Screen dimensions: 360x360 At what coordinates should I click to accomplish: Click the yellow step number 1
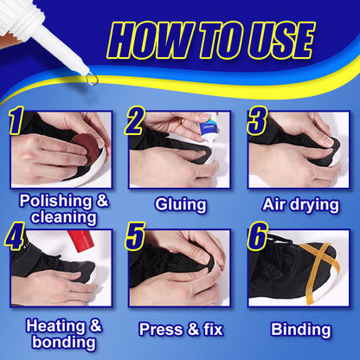point(16,122)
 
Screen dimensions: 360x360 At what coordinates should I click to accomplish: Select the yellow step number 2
point(134,122)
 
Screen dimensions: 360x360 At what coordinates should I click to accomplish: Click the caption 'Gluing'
point(180,204)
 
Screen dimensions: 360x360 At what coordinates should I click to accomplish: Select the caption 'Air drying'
point(299,204)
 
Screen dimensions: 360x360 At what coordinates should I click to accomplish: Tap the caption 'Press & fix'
point(180,330)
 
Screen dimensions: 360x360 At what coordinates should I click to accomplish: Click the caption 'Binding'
point(300,330)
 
